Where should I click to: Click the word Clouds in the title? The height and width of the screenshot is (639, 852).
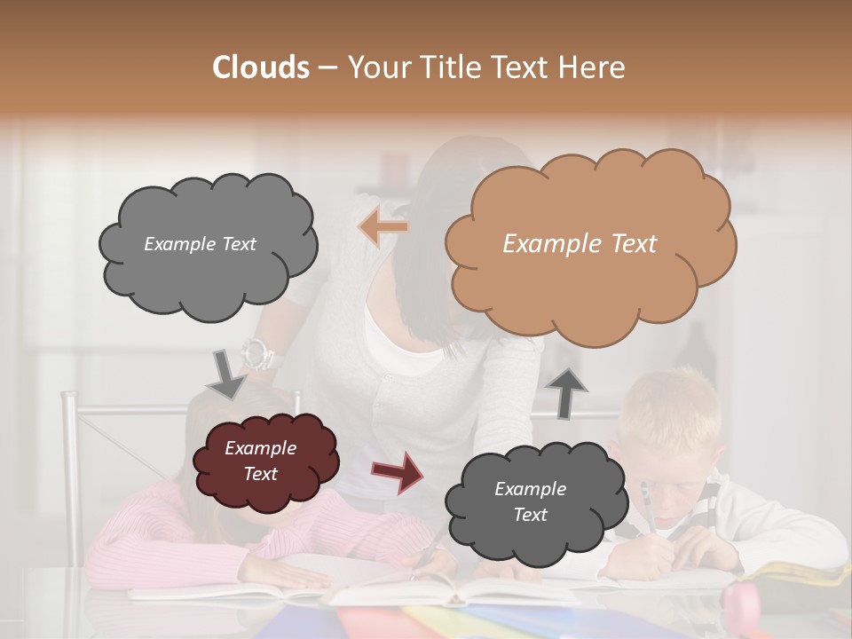(260, 67)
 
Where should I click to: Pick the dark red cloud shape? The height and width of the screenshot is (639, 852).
(264, 461)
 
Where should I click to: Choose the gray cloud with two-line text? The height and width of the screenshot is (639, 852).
(530, 502)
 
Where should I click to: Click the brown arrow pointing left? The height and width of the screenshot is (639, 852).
(383, 227)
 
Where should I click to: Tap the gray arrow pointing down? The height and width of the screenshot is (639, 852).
(226, 374)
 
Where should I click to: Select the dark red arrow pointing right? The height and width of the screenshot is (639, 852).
(397, 471)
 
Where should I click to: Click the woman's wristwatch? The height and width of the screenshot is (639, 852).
(260, 356)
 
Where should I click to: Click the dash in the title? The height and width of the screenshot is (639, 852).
(328, 67)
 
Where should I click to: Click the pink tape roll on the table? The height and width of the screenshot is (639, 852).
(743, 604)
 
